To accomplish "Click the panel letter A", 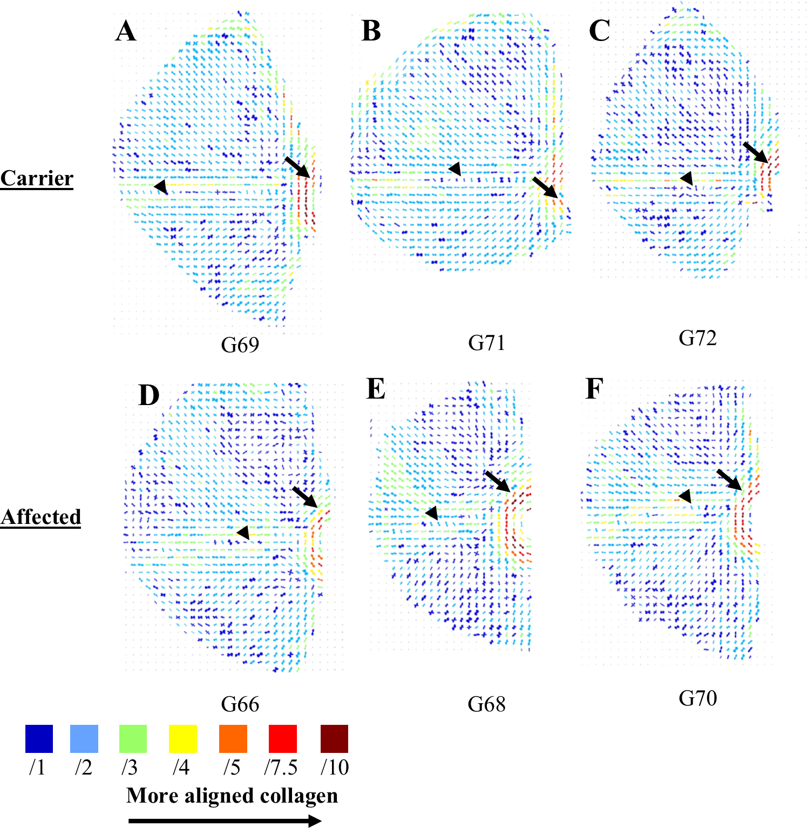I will (x=126, y=31).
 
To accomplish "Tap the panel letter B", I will (x=371, y=31).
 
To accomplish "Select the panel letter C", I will (x=599, y=31).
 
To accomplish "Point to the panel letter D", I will (x=149, y=395).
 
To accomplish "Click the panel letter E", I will (x=376, y=389).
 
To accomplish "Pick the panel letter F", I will (x=594, y=389).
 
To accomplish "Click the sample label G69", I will (x=240, y=345).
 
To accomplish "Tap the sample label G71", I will (x=486, y=343).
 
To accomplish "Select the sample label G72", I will (x=697, y=338).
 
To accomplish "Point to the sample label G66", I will (x=240, y=704).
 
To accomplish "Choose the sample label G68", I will (x=486, y=704).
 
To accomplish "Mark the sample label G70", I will (x=697, y=698).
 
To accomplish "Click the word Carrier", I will (x=37, y=178).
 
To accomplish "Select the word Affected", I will (x=40, y=517).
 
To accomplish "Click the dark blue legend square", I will (x=39, y=739).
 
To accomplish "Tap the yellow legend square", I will (x=183, y=739).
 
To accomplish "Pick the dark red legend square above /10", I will (x=334, y=739).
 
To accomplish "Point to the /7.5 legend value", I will (x=281, y=767).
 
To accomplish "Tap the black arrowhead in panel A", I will (x=160, y=187).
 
